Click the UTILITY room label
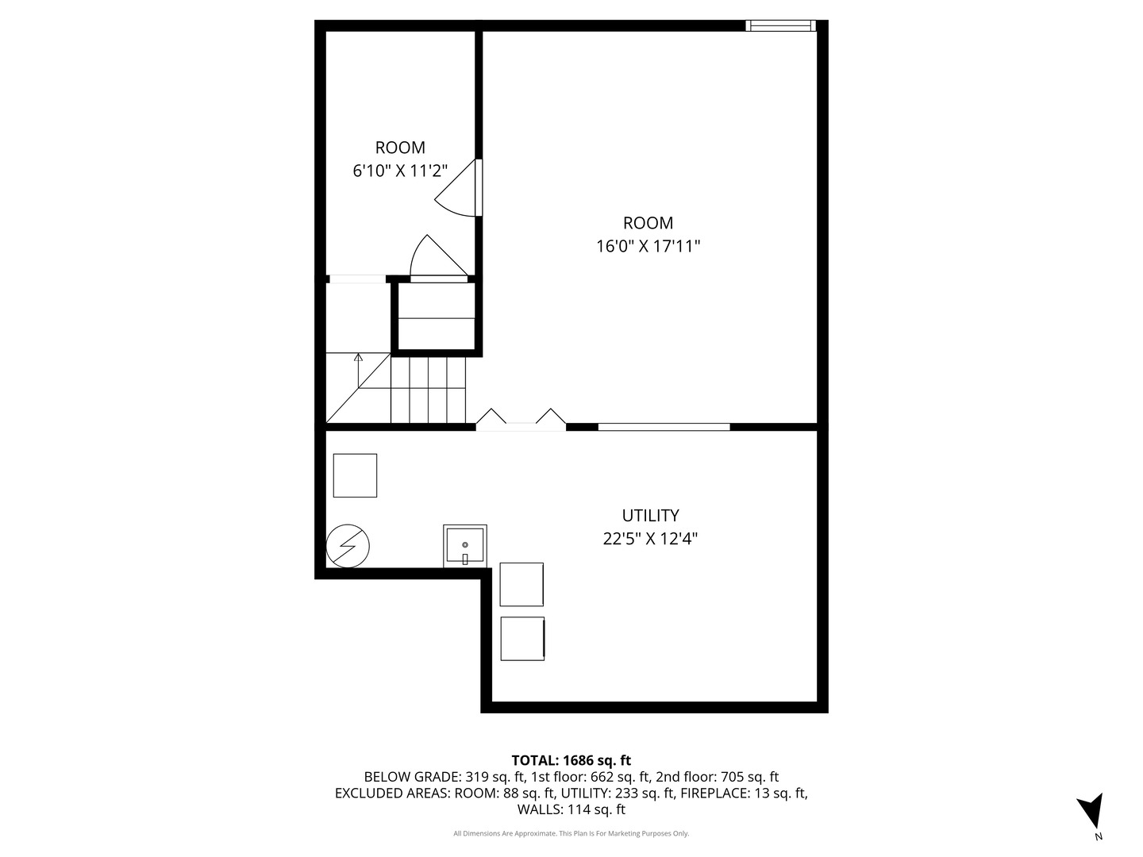pyautogui.click(x=650, y=516)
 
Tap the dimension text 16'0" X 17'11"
pyautogui.click(x=648, y=247)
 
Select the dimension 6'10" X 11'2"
pyautogui.click(x=400, y=171)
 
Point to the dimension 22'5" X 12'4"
pyautogui.click(x=650, y=539)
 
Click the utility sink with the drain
pyautogui.click(x=464, y=546)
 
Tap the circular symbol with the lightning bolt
pyautogui.click(x=348, y=546)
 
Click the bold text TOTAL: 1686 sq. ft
pyautogui.click(x=571, y=761)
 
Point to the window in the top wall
pyautogui.click(x=780, y=26)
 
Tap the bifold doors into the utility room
pyautogui.click(x=521, y=421)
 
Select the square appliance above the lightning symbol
pyautogui.click(x=355, y=475)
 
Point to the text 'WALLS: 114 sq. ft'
pyautogui.click(x=571, y=810)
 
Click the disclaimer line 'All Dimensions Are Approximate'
pyautogui.click(x=571, y=834)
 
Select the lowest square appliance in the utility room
pyautogui.click(x=522, y=639)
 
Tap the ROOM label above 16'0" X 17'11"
pyautogui.click(x=648, y=224)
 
